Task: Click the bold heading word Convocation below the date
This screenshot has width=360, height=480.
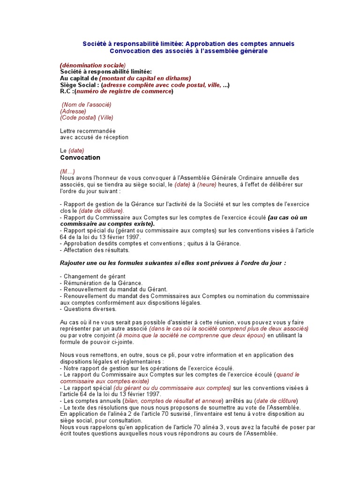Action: pyautogui.click(x=80, y=158)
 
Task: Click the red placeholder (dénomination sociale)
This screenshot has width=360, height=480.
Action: pyautogui.click(x=93, y=65)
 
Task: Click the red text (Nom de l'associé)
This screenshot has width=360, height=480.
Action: pyautogui.click(x=84, y=105)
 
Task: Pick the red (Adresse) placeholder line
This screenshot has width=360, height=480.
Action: pyautogui.click(x=73, y=111)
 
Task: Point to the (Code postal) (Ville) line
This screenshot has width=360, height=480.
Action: pyautogui.click(x=87, y=118)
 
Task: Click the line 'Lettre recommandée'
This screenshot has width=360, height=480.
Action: pyautogui.click(x=88, y=131)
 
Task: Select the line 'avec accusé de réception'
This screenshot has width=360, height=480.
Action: pyautogui.click(x=94, y=137)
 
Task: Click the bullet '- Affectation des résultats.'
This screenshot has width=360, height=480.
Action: pyautogui.click(x=95, y=250)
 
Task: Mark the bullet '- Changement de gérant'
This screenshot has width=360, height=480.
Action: pyautogui.click(x=93, y=277)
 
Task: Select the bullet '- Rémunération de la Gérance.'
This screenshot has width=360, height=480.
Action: pyautogui.click(x=101, y=283)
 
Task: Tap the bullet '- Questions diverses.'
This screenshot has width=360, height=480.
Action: pyautogui.click(x=89, y=309)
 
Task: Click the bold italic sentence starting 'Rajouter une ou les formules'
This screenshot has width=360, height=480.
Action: pyautogui.click(x=173, y=263)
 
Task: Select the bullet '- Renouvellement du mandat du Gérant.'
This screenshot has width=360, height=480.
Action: pyautogui.click(x=114, y=290)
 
